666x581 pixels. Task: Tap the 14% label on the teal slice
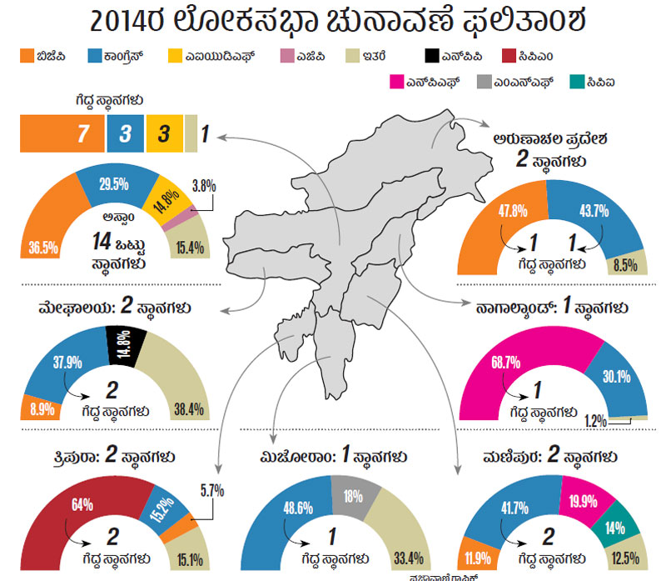click(x=616, y=527)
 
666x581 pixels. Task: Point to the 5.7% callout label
click(x=211, y=490)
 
